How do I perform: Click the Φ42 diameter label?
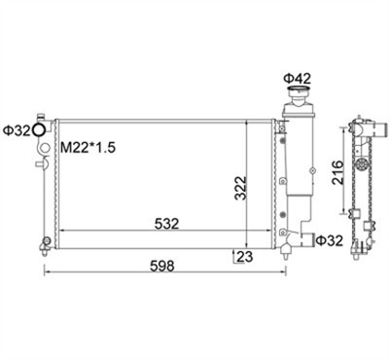(297, 79)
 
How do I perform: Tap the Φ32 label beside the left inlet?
(17, 130)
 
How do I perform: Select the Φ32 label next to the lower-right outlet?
(329, 240)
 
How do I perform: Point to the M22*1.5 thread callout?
(88, 148)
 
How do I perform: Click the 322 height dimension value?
(241, 188)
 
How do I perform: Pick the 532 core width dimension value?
(166, 224)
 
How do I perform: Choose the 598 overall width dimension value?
(162, 266)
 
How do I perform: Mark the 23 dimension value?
(245, 257)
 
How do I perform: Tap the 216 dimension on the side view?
(337, 172)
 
